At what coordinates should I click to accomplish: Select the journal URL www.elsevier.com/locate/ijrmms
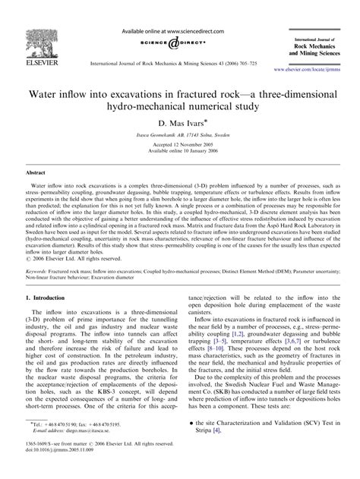coord(314,68)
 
